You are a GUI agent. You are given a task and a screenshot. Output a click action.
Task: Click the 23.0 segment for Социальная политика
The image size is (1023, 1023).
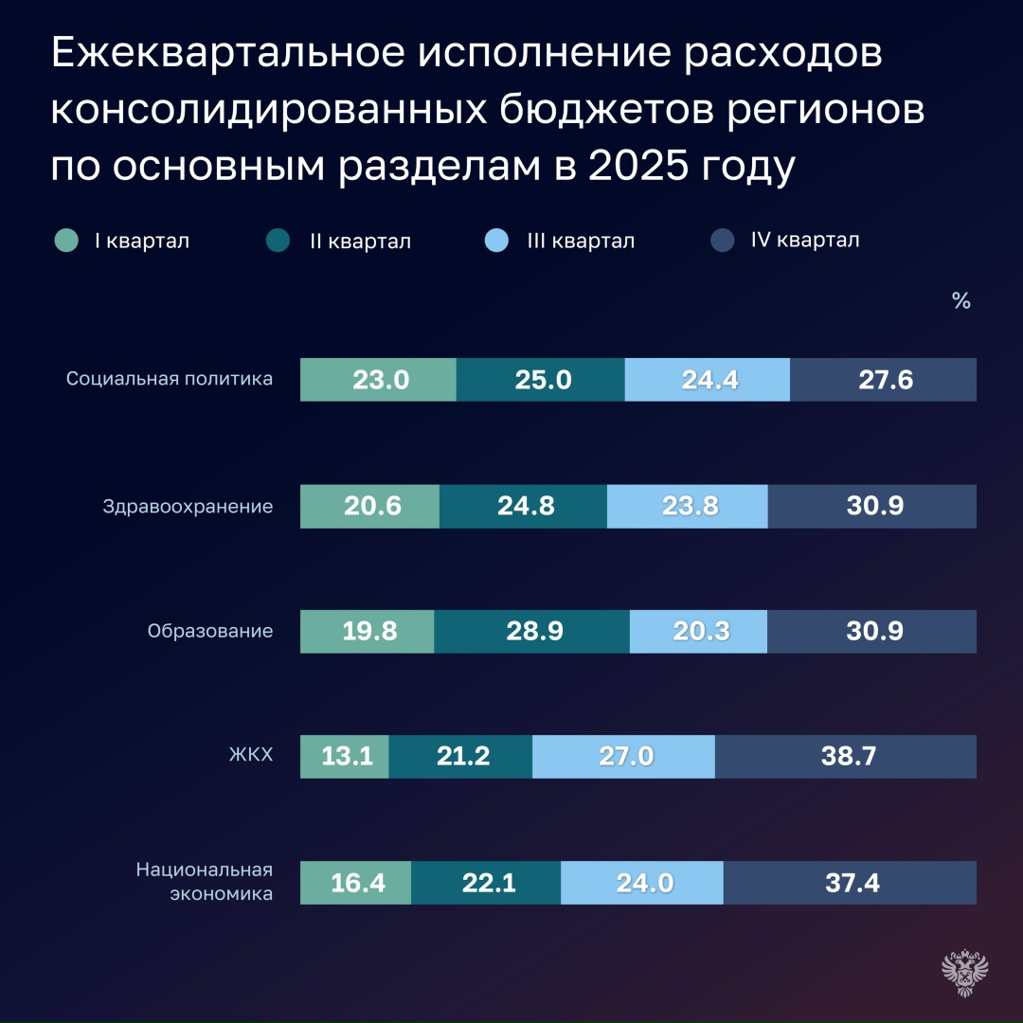coord(378,380)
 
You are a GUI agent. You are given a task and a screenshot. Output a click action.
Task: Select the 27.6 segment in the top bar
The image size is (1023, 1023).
coord(883,380)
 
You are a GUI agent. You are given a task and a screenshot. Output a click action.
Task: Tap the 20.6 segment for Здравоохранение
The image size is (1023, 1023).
coord(370,506)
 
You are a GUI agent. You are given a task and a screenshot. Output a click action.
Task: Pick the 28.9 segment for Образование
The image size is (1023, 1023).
coord(531,632)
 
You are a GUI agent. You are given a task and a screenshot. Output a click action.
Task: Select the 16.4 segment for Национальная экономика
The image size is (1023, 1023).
coord(355,883)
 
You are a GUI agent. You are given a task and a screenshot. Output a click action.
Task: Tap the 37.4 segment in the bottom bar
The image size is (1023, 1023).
coord(850,883)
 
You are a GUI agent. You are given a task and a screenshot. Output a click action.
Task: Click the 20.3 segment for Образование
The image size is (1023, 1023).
coord(699,632)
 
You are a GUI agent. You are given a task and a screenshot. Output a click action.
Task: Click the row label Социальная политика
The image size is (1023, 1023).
coord(170,379)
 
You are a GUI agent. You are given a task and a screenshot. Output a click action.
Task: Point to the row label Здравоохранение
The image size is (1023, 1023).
coord(188,506)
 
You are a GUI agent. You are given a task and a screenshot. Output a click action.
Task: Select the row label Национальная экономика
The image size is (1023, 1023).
coord(205,881)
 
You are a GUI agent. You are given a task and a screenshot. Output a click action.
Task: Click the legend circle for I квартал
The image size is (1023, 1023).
coord(66,241)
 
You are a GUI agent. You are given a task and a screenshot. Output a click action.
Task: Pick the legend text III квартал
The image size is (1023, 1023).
coord(581,242)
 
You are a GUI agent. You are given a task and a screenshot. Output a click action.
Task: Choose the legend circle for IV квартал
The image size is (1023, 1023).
coord(722,241)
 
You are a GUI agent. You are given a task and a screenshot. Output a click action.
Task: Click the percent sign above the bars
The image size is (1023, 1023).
coord(960,302)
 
